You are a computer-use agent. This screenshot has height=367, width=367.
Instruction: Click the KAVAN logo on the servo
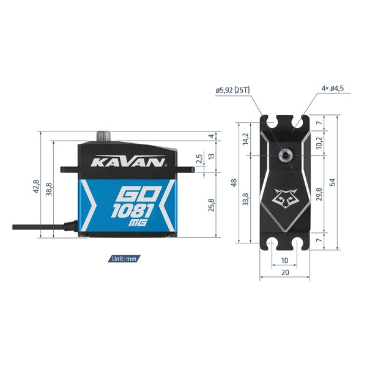pyautogui.click(x=128, y=161)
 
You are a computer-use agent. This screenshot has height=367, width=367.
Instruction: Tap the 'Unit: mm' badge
pyautogui.click(x=124, y=259)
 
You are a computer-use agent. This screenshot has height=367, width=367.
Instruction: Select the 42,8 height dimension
pyautogui.click(x=36, y=187)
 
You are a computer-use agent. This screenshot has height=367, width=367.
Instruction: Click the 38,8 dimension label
pyautogui.click(x=49, y=189)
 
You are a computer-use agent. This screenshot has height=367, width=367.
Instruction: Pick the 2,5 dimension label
pyautogui.click(x=199, y=158)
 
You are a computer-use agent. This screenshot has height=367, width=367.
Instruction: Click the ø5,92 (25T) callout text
pyautogui.click(x=232, y=90)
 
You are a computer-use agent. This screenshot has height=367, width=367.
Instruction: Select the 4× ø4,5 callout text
pyautogui.click(x=332, y=89)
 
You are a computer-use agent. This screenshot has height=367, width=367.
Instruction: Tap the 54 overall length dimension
pyautogui.click(x=332, y=182)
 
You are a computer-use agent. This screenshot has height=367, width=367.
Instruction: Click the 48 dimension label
pyautogui.click(x=234, y=182)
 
